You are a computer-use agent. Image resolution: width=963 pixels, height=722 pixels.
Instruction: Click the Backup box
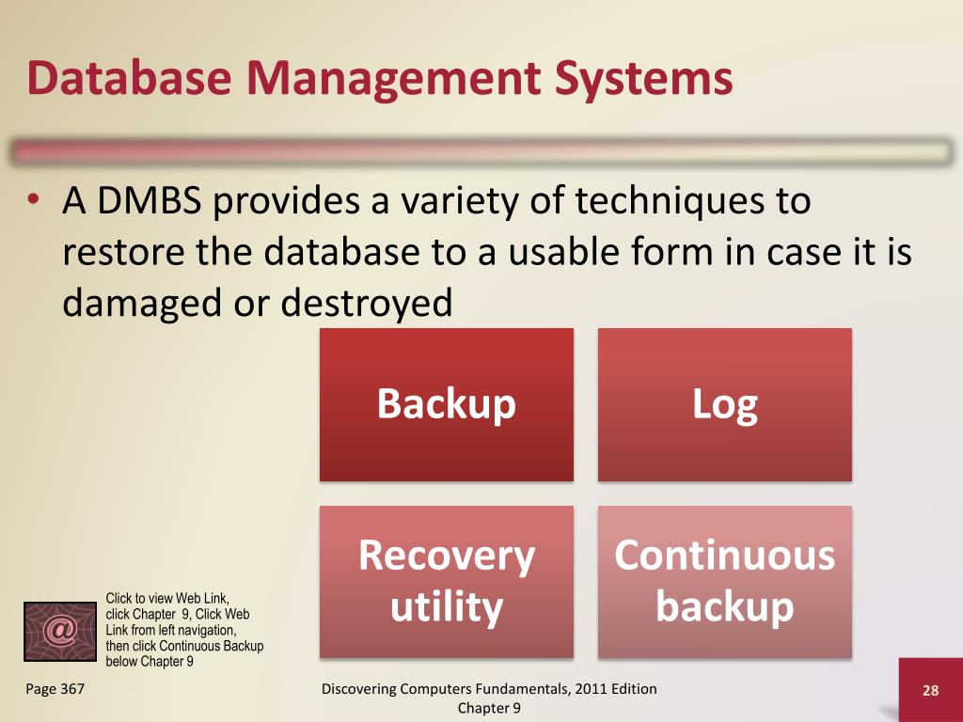tap(447, 404)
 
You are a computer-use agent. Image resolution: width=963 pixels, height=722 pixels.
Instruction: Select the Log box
tap(725, 404)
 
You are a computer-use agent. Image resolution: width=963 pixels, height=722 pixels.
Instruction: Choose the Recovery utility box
tap(447, 581)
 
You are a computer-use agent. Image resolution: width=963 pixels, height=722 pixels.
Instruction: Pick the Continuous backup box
tap(725, 581)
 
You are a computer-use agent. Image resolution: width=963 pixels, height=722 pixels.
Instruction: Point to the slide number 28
tap(930, 691)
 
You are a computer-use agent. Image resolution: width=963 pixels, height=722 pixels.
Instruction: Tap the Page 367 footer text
tap(55, 689)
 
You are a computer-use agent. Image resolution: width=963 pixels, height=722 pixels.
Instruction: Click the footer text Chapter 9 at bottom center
tap(489, 708)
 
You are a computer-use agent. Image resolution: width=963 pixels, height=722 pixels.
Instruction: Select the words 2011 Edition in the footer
tap(617, 689)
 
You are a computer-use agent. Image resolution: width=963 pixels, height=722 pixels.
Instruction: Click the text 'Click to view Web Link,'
tap(167, 598)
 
